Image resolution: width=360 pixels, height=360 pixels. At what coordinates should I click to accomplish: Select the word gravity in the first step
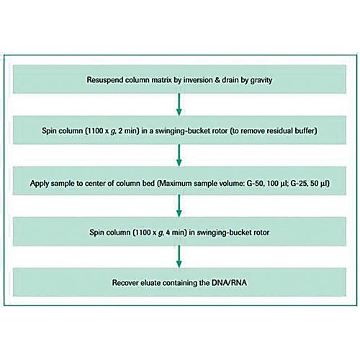(261, 81)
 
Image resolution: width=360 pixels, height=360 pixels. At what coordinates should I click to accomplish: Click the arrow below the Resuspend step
(179, 104)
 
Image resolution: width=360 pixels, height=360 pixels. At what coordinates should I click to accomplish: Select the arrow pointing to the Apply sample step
(179, 156)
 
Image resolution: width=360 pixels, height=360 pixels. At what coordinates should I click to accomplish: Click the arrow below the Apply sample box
(179, 206)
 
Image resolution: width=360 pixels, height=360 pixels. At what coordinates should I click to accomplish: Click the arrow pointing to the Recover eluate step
(179, 256)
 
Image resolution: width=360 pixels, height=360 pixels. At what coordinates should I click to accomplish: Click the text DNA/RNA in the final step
(229, 283)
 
